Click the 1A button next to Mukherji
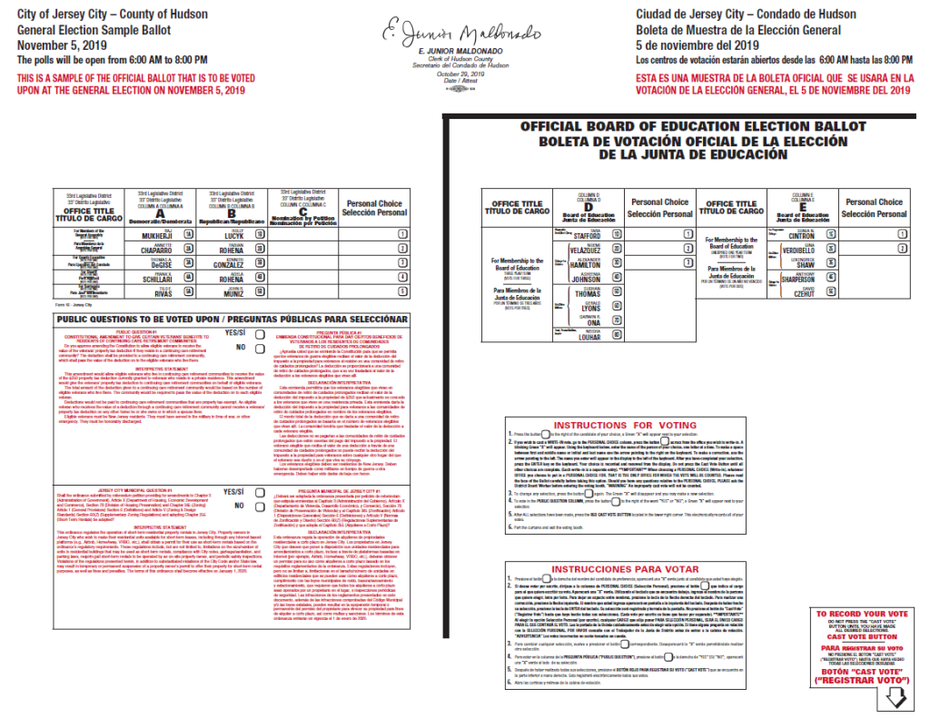[x=189, y=234]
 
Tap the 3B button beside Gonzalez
[x=261, y=262]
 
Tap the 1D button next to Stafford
[x=617, y=233]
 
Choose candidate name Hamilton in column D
[x=586, y=263]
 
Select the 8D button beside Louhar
[x=617, y=335]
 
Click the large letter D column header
[x=587, y=207]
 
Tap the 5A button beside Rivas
[x=189, y=291]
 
